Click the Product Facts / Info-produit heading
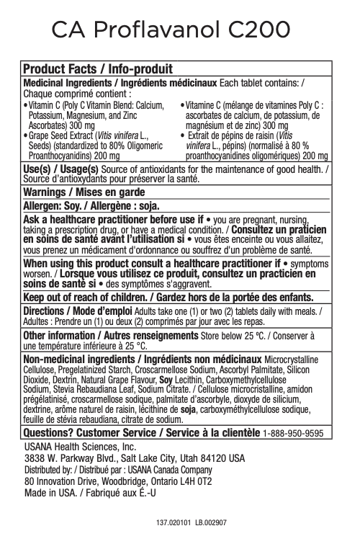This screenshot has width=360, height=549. coord(99,69)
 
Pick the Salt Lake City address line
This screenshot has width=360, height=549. coord(134,458)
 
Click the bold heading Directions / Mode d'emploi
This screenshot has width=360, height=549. coord(76,311)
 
